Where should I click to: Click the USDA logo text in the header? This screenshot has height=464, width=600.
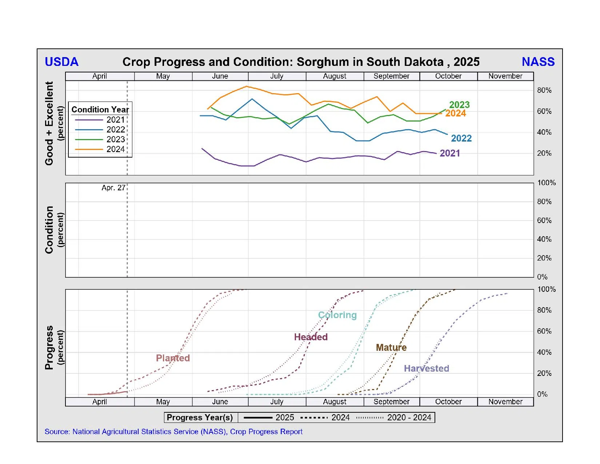61,62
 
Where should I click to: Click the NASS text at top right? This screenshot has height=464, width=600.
538,62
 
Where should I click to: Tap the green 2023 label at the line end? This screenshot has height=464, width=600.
459,105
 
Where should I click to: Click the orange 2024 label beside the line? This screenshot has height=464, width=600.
456,114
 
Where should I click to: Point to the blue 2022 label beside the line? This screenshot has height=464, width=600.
461,138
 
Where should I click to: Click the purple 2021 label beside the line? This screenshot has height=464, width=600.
450,153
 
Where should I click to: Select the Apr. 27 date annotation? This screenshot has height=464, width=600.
113,188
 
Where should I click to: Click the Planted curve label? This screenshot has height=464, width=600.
173,358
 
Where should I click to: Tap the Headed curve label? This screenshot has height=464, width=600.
311,337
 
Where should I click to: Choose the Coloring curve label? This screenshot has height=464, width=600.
337,315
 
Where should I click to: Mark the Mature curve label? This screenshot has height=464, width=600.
391,348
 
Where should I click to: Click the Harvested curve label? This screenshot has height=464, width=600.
427,369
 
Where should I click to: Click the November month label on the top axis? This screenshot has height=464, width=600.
505,76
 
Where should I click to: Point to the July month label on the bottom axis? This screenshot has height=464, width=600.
277,402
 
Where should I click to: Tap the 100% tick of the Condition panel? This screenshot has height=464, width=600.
546,183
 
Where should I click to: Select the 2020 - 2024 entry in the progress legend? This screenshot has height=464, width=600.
409,417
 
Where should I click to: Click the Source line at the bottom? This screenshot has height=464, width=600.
173,432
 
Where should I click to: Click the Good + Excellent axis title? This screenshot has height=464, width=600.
49,123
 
